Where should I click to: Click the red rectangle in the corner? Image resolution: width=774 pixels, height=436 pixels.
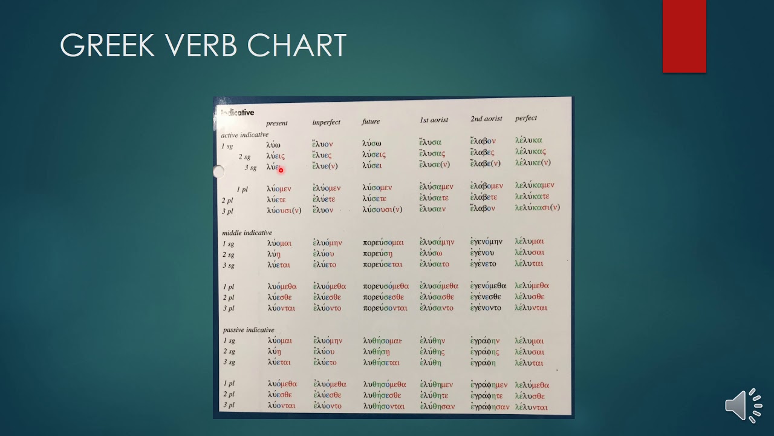[x=684, y=36]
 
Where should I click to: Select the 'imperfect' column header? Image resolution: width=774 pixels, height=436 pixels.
[x=326, y=122]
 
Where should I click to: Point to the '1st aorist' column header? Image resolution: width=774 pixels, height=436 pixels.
[x=434, y=120]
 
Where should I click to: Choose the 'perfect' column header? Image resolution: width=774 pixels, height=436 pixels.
[x=525, y=118]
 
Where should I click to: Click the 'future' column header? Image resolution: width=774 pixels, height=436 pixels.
[x=371, y=122]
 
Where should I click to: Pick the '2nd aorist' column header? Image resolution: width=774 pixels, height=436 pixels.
[x=486, y=119]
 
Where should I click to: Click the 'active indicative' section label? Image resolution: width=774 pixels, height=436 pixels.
[x=244, y=134]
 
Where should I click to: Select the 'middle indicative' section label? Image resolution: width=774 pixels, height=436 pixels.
[x=247, y=233]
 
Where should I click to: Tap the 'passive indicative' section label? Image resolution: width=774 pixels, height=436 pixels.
[x=248, y=330]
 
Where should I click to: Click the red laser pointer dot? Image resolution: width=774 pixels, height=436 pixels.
[x=281, y=170]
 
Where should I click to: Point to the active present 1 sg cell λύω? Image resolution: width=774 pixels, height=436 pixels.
[x=273, y=145]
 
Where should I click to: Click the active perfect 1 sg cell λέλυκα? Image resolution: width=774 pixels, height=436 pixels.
[x=528, y=140]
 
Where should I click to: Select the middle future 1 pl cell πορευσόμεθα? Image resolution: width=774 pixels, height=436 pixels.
[x=386, y=286]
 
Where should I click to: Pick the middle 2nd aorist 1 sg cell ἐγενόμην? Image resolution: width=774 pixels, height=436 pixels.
[x=486, y=242]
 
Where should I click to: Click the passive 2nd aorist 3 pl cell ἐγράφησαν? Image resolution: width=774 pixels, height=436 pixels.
[x=490, y=407]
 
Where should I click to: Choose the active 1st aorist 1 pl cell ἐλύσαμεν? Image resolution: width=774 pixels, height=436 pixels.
[x=436, y=187]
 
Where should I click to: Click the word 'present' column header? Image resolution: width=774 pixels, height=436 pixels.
[x=276, y=124]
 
